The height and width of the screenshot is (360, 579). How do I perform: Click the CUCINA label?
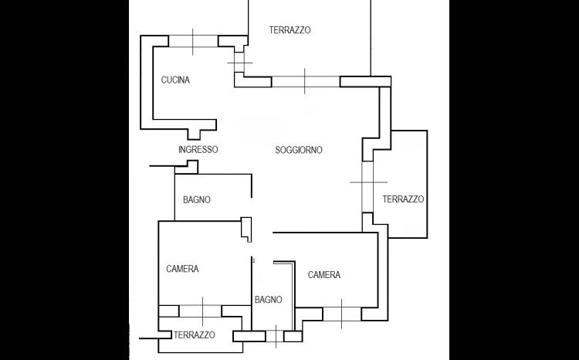click(175, 80)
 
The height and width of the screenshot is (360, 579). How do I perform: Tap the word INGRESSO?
click(198, 150)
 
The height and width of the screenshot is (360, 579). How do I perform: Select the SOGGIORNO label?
click(299, 150)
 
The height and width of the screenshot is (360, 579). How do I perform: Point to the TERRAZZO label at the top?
click(289, 30)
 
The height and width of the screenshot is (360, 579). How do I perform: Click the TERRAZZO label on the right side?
click(403, 199)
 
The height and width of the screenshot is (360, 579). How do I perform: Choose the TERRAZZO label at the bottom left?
click(194, 335)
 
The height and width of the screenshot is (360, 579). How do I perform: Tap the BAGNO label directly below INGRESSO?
click(197, 200)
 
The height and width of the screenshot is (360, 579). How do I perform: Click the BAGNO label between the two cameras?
click(268, 300)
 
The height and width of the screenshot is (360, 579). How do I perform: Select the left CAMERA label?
click(182, 269)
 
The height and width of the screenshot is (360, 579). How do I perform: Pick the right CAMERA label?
click(324, 275)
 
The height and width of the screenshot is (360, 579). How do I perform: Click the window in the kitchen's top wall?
click(193, 41)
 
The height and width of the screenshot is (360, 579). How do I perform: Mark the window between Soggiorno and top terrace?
click(306, 81)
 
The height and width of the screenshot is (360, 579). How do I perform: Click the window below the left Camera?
click(201, 311)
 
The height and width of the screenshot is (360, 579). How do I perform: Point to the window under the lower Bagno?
click(275, 337)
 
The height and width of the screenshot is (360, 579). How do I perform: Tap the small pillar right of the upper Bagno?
click(247, 227)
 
